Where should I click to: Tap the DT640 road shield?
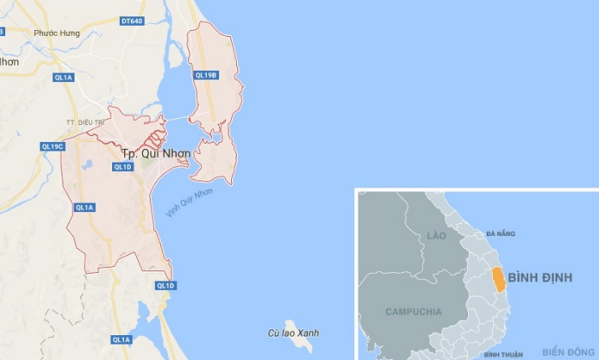[x=132, y=19]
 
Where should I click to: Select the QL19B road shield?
[x=205, y=75]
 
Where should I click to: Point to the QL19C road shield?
[x=53, y=146]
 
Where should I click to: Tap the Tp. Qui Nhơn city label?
[x=150, y=153]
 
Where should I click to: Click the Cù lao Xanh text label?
[x=287, y=332]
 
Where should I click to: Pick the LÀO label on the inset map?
[x=438, y=234]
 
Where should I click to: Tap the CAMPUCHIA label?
[x=413, y=311]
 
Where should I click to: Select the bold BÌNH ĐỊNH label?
[x=540, y=278]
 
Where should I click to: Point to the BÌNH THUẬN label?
[x=502, y=353]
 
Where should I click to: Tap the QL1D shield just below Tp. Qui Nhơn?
[x=122, y=167]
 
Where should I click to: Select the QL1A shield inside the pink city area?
[x=84, y=207]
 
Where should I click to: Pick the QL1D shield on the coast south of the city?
[x=165, y=285]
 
